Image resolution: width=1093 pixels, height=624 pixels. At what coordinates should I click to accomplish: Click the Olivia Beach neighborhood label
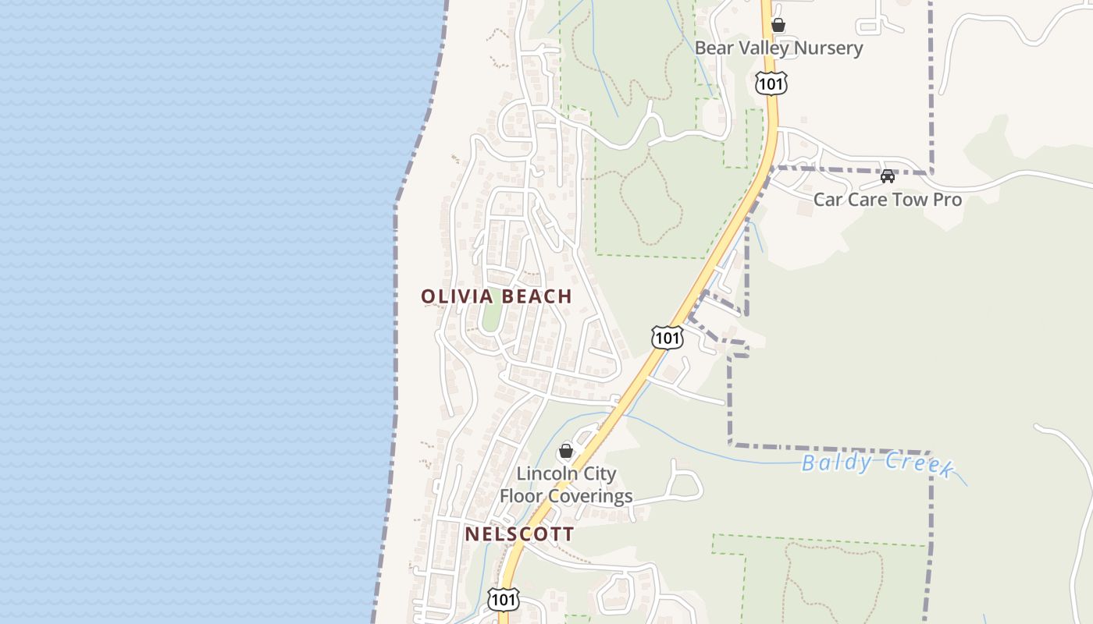point(497,296)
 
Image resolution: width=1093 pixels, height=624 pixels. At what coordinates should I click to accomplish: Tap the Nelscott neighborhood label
point(519,534)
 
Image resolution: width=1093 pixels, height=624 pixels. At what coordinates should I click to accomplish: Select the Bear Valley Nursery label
point(778,48)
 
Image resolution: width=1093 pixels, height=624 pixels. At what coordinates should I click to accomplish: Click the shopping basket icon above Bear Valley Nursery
point(778,25)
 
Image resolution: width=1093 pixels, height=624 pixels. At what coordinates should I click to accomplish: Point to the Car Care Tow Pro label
point(888,199)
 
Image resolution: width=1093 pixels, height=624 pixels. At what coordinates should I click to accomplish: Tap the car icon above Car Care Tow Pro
point(888,176)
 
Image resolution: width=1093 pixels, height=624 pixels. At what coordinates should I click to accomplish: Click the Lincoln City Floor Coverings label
point(566,484)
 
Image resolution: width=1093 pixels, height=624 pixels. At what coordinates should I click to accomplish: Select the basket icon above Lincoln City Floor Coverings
point(566,452)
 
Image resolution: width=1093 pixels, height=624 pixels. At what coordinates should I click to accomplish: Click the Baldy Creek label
point(878,464)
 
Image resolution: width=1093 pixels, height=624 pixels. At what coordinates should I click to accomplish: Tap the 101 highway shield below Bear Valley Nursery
point(771,83)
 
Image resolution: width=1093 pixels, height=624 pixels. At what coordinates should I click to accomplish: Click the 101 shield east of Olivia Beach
point(667,338)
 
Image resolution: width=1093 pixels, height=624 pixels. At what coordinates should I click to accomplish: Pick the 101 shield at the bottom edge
point(502,599)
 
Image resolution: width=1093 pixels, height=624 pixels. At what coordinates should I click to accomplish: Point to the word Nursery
point(828,48)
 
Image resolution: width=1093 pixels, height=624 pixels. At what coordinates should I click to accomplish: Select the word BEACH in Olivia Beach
point(537,296)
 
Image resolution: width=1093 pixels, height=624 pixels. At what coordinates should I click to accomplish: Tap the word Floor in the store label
point(522,495)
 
